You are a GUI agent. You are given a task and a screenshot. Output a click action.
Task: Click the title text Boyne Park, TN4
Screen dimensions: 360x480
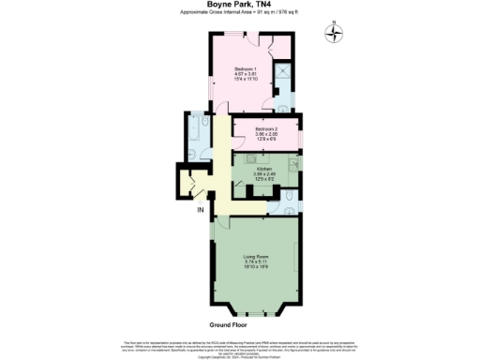[240, 5]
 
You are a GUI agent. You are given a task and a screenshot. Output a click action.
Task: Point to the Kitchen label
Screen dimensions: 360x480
[264, 170]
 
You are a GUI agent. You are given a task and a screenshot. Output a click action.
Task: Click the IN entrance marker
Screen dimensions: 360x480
[200, 210]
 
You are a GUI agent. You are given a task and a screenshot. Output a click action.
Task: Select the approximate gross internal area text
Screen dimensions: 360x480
[240, 15]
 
